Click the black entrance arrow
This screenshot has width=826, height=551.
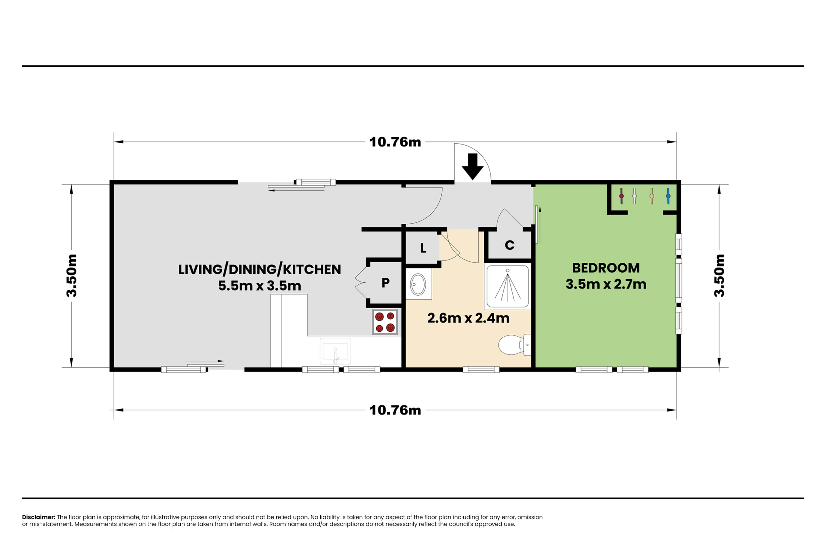[x=472, y=167]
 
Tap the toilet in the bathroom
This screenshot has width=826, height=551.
[x=515, y=345]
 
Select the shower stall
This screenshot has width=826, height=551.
[x=508, y=286]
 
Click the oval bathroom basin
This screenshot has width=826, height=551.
[x=418, y=284]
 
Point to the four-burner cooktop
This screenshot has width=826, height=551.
[x=385, y=322]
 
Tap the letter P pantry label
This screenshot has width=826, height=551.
[x=385, y=283]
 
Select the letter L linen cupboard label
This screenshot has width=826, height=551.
[x=423, y=249]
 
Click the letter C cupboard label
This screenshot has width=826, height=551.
[x=509, y=245]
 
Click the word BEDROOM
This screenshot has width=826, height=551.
[x=606, y=268]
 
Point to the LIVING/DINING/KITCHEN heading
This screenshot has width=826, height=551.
[x=259, y=270]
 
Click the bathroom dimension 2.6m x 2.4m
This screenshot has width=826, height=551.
[x=468, y=318]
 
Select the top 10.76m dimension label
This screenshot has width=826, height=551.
[x=395, y=142]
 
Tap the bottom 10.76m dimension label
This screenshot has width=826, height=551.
[x=395, y=410]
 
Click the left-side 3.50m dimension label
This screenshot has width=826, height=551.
[x=71, y=276]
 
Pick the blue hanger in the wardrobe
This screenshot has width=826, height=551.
[x=668, y=196]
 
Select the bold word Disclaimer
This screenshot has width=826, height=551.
[x=39, y=517]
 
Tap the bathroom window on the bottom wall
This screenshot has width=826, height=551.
[x=481, y=369]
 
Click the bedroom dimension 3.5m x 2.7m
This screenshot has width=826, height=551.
[x=606, y=284]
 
